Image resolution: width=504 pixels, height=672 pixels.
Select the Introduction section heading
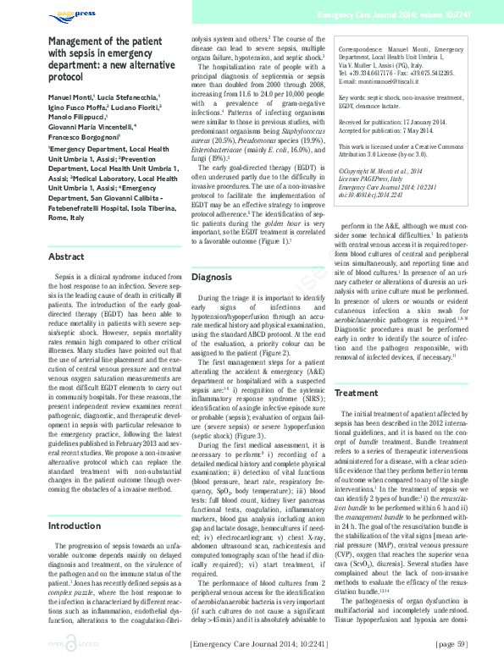coord(75,526)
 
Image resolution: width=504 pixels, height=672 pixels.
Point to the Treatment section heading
coord(356,394)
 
